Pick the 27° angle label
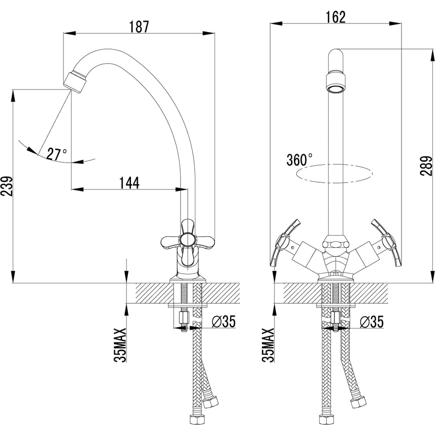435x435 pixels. pos(57,154)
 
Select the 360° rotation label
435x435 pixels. pos(299,160)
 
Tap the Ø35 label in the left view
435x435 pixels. pos(223,322)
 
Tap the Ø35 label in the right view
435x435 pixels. pos(371,322)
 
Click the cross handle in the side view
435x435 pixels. pos(187,239)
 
